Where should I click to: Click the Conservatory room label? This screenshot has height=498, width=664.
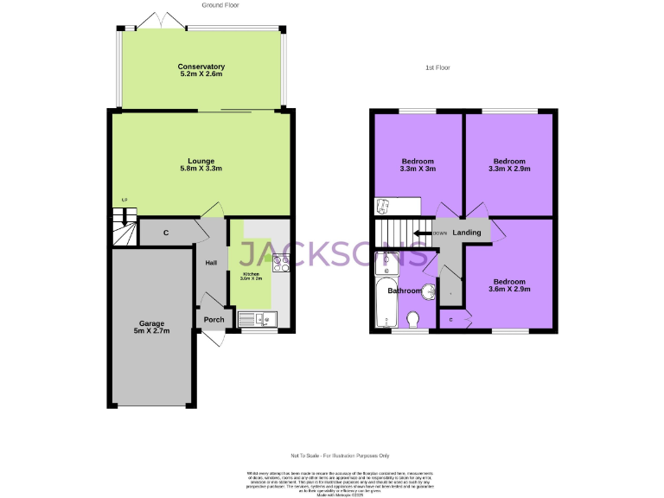(201, 71)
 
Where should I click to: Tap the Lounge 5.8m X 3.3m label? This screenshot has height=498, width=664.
(201, 165)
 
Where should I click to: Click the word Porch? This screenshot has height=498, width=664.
(214, 320)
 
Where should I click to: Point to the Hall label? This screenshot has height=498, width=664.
(211, 263)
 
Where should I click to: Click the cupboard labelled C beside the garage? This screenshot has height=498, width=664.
(166, 233)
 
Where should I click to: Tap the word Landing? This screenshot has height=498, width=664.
(467, 233)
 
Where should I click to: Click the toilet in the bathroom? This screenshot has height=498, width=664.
(413, 320)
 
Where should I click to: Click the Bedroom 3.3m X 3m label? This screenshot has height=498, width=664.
(418, 165)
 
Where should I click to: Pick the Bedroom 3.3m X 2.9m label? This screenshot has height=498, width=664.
(508, 165)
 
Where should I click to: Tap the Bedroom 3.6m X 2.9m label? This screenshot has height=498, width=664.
(508, 285)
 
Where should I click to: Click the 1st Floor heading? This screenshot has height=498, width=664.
(437, 67)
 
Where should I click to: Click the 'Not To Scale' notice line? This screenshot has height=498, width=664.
(340, 456)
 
